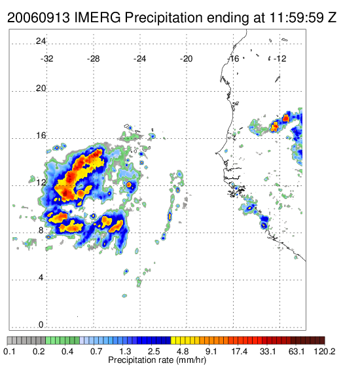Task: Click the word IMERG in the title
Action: coord(98,18)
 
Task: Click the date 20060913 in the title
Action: coord(39,18)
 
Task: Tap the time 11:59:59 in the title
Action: coord(297,18)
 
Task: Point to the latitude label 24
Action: coord(41,41)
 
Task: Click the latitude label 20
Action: coord(41,88)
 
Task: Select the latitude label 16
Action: coord(41,136)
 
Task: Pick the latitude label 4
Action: coord(41,278)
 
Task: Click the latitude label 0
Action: coord(41,325)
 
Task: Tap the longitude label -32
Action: coord(46,59)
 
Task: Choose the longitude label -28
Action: coord(93,59)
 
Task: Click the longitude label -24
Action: coord(139,59)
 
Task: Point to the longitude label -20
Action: coord(186,59)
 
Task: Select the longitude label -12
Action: coord(279,59)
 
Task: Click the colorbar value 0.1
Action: coord(9,351)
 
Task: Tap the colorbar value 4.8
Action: coord(183,351)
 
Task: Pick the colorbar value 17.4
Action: coord(240,351)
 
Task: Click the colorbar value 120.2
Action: coord(325,351)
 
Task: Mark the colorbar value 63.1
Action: coord(297,351)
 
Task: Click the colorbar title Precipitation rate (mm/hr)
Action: coord(157,360)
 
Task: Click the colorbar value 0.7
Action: coord(96,351)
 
